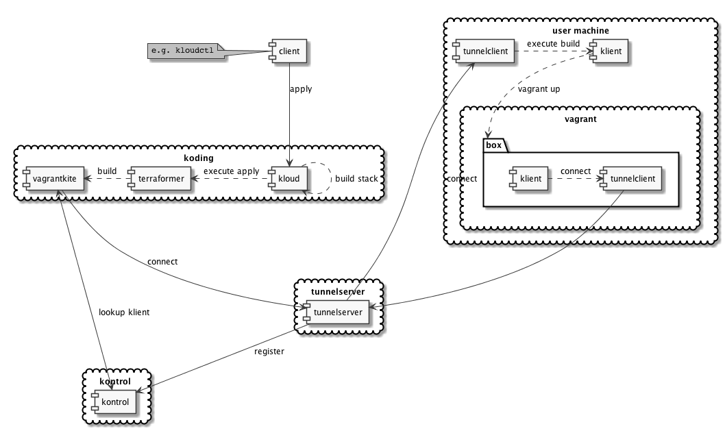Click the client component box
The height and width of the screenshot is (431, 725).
(286, 51)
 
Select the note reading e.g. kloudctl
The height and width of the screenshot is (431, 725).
(187, 51)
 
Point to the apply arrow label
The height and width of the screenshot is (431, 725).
(301, 90)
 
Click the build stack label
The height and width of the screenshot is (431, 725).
(356, 179)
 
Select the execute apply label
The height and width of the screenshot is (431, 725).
(231, 171)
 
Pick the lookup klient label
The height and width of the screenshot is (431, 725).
(123, 312)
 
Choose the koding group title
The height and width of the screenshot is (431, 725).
(199, 158)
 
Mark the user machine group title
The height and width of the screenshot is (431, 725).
(580, 31)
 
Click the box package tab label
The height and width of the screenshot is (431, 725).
(493, 145)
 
